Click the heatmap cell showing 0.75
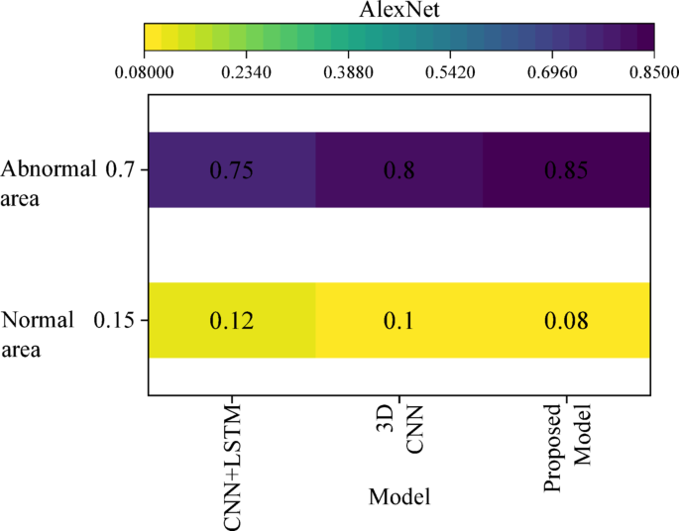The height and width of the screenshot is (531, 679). (232, 169)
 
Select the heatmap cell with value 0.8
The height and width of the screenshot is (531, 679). (399, 169)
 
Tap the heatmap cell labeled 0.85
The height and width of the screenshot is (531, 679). (566, 169)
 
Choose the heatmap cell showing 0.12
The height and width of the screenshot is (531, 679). (232, 320)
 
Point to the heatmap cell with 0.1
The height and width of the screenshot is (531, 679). (399, 320)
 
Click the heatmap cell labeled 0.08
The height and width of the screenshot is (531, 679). (566, 320)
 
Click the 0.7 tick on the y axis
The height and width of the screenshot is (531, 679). (119, 169)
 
